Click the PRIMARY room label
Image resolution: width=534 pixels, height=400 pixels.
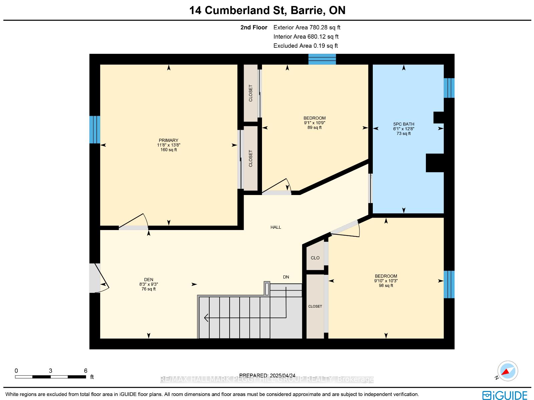[168, 140]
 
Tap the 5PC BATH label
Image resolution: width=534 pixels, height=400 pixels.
[404, 124]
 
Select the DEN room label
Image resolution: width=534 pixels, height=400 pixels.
[149, 280]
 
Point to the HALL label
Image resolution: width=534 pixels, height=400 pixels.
[276, 227]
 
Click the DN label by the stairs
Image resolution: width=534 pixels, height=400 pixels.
[286, 277]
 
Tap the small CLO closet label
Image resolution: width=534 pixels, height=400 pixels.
[315, 258]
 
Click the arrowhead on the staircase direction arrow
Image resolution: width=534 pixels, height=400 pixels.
[206, 318]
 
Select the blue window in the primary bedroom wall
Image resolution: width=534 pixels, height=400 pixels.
[95, 130]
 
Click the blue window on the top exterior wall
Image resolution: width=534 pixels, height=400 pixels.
[322, 59]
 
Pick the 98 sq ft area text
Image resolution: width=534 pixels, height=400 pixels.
[386, 285]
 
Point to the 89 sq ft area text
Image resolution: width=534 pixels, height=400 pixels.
[314, 128]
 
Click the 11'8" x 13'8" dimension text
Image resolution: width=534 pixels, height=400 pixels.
[168, 145]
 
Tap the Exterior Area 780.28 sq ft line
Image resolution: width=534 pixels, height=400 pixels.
[307, 27]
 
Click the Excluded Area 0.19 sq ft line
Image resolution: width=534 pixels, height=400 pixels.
[306, 46]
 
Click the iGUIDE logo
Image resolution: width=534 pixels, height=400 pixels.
[505, 395]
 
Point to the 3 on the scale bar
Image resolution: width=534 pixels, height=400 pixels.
[50, 371]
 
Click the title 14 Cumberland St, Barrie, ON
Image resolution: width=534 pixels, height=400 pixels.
[267, 10]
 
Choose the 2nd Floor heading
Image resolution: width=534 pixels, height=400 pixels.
[254, 27]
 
